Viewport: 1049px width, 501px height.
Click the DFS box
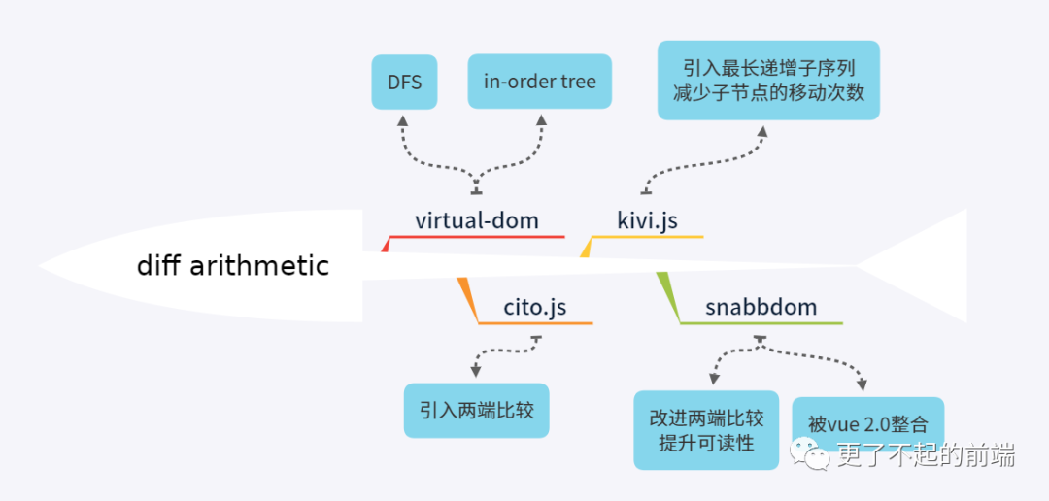(405, 82)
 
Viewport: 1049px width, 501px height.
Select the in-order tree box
(540, 82)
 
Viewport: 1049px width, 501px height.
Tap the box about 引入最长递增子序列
(768, 81)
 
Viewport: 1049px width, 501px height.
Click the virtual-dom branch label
(476, 220)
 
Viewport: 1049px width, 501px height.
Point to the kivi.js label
(648, 220)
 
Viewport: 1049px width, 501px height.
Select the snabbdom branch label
(761, 309)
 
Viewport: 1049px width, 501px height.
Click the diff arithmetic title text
(233, 265)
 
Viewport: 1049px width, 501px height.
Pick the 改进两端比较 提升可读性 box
(706, 430)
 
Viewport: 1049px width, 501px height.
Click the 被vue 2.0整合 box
(867, 423)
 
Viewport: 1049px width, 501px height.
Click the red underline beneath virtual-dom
(476, 236)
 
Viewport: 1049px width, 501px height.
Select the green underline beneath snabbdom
(761, 323)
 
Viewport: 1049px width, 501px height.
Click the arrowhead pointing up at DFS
(405, 120)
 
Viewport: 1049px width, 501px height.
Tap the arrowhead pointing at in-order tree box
(541, 120)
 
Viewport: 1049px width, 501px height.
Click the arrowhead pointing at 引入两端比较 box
(475, 371)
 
